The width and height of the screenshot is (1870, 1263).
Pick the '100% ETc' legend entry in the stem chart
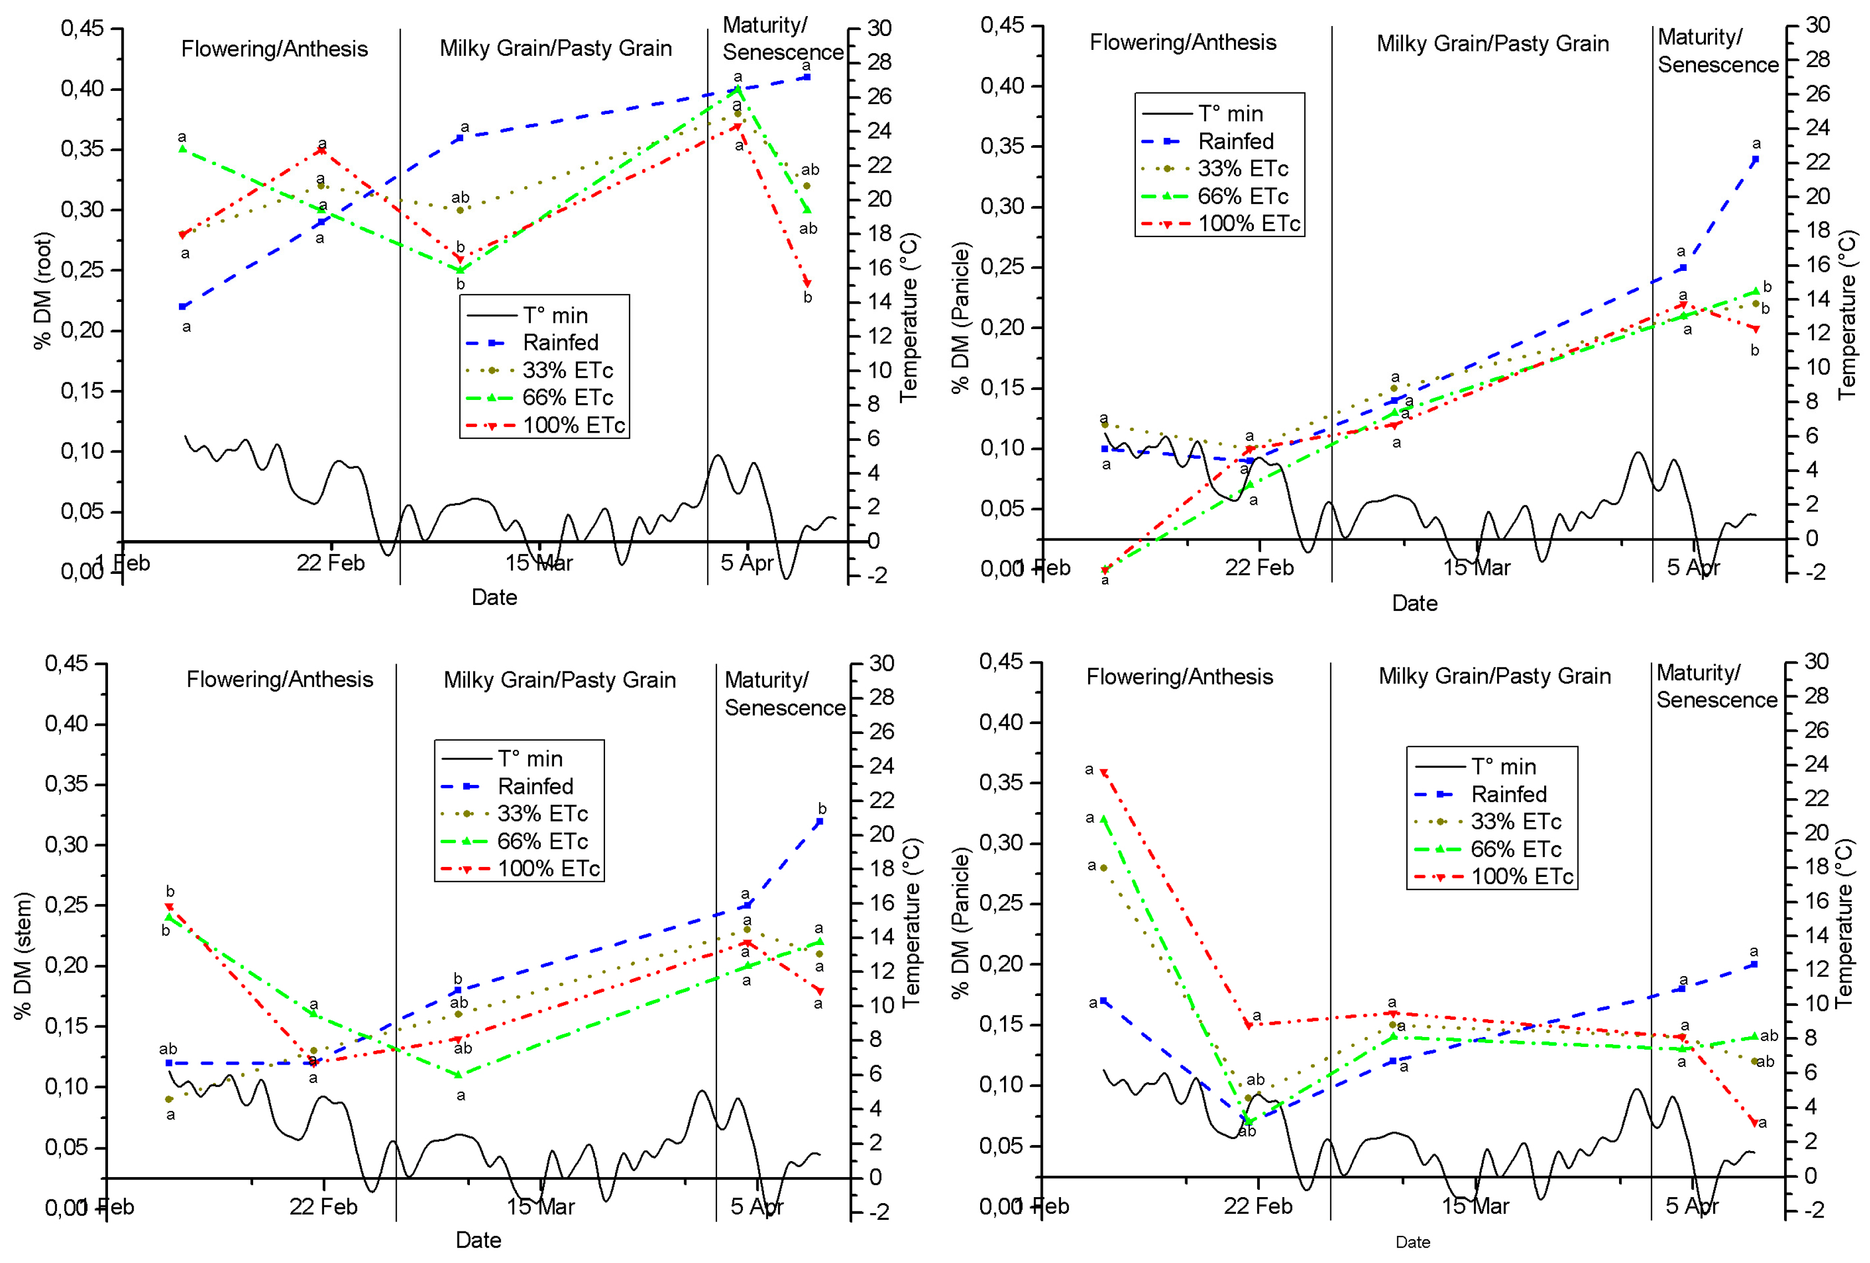548,869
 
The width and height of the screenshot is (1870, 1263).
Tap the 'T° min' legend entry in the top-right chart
1229,114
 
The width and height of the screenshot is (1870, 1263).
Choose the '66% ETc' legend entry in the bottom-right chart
1515,850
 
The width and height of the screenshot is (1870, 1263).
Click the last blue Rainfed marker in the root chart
807,77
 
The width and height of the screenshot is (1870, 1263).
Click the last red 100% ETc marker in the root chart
807,283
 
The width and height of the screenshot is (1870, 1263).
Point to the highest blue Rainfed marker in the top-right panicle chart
1755,160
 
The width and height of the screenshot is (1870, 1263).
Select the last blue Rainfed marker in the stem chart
819,822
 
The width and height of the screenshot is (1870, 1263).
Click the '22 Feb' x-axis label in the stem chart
324,1206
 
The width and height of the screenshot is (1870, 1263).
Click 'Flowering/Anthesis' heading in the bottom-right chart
1179,676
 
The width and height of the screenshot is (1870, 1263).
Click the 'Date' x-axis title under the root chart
494,598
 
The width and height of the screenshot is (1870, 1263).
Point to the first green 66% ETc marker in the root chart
183,149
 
